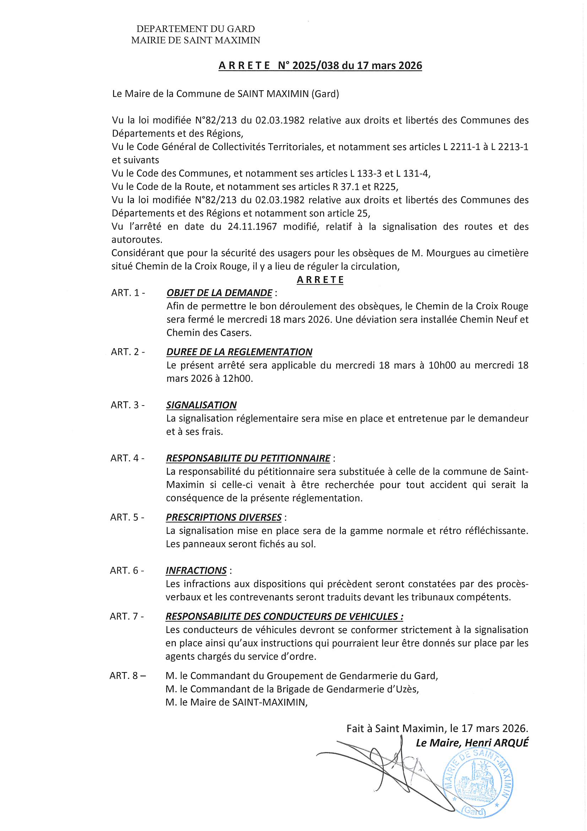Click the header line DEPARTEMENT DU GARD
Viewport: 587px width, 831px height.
click(x=195, y=28)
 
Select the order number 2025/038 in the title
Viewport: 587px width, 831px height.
click(x=315, y=65)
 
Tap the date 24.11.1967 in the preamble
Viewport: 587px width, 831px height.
click(x=252, y=226)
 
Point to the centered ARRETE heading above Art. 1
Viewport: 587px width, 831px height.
click(x=320, y=280)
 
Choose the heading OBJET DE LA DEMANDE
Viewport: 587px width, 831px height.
click(x=219, y=293)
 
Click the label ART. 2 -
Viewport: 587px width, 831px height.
click(x=128, y=352)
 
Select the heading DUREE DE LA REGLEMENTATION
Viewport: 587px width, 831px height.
click(x=239, y=352)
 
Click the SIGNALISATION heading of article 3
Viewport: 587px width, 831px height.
click(x=201, y=405)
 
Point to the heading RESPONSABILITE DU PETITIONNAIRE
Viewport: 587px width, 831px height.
click(x=248, y=458)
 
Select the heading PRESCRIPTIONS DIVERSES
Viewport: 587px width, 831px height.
click(x=223, y=517)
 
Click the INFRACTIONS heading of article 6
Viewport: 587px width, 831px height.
click(x=196, y=570)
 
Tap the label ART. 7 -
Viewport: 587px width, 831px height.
click(x=126, y=616)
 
